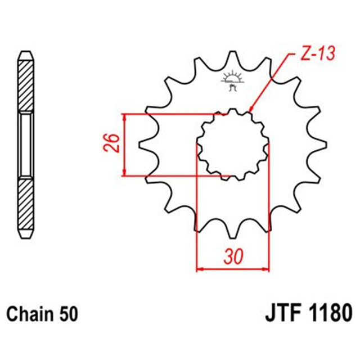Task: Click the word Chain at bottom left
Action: click(26, 312)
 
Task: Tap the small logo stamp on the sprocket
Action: click(232, 80)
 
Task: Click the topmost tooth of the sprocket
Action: click(232, 57)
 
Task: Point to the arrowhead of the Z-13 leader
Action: click(250, 110)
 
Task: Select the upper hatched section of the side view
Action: click(26, 84)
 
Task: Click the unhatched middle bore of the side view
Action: click(26, 145)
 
